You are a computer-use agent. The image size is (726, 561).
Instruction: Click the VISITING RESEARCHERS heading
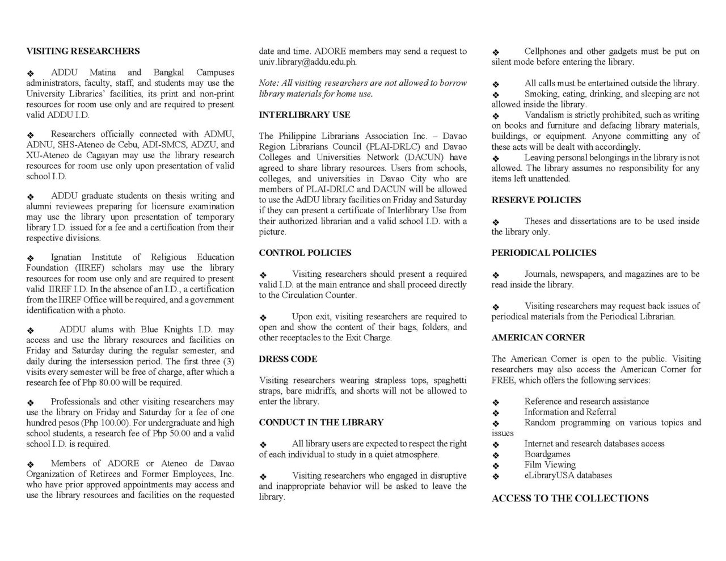83,51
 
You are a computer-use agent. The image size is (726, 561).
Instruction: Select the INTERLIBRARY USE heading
305,115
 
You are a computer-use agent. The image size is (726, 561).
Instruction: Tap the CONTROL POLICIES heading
305,252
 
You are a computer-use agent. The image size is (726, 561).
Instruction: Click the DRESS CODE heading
288,359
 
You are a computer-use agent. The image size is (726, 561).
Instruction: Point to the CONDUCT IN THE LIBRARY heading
321,423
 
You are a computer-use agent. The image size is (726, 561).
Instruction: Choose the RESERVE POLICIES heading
536,200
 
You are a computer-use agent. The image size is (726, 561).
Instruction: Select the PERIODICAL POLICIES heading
544,252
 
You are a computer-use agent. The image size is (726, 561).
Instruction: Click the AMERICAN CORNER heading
538,338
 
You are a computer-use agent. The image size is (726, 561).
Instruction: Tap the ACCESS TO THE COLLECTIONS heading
570,498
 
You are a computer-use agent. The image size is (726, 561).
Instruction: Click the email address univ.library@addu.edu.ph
308,62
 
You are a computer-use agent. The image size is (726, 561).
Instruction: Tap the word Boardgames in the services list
547,454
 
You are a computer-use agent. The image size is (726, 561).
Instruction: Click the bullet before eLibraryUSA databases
496,476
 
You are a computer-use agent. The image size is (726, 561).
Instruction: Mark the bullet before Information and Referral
496,413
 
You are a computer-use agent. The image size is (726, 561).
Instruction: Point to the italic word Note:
269,83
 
